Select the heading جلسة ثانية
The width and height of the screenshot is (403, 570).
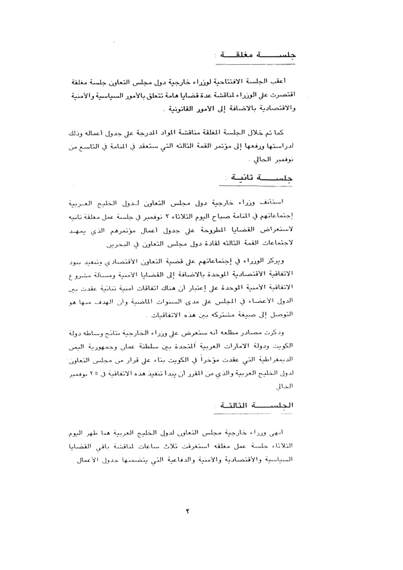click(258, 178)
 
